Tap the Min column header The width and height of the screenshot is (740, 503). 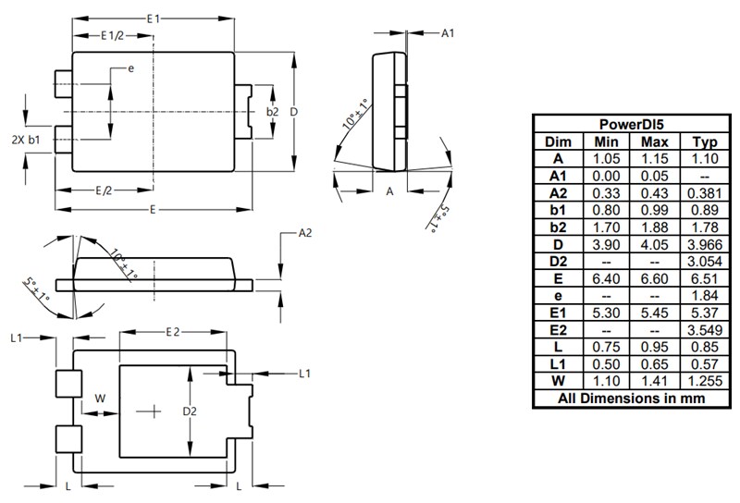tap(606, 141)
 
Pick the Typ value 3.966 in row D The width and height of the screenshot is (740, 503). tap(700, 244)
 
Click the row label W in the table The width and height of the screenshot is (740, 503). tap(558, 381)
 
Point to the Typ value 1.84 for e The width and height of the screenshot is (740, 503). tap(700, 296)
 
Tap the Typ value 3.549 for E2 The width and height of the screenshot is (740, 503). tap(700, 330)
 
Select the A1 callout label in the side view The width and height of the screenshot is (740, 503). tap(447, 33)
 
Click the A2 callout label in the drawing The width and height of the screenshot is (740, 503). tap(306, 235)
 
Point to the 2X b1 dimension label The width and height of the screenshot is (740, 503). tap(25, 140)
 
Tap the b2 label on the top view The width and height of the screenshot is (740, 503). tap(272, 112)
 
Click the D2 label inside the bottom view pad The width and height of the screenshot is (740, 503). tap(190, 410)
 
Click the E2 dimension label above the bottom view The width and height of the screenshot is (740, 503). tap(173, 332)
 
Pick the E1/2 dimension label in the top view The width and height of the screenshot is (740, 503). tap(112, 36)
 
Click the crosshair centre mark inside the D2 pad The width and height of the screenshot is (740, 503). tap(148, 410)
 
